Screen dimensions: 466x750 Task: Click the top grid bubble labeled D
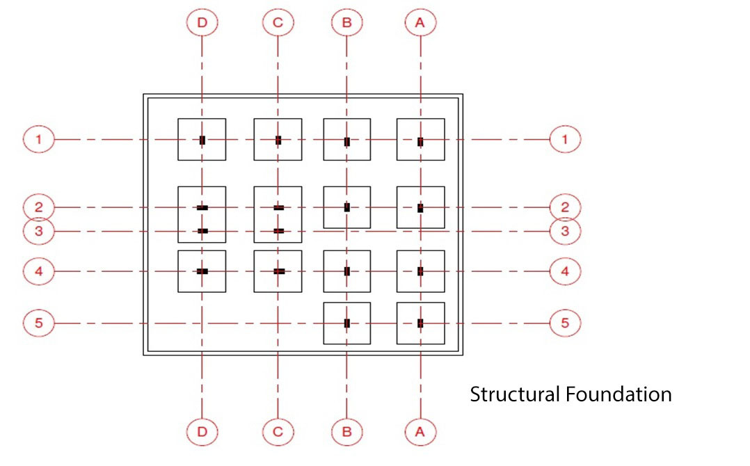(202, 23)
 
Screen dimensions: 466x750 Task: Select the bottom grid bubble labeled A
(420, 432)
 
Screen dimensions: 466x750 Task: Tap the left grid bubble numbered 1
(39, 140)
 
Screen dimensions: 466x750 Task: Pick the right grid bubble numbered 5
(565, 323)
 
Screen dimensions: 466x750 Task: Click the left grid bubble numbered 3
(39, 231)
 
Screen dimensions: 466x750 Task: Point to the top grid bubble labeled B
(346, 23)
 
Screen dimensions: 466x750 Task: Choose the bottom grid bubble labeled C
(278, 432)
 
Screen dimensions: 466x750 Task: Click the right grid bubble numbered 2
(565, 207)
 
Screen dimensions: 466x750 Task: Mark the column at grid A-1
(420, 142)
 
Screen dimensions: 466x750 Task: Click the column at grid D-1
(202, 140)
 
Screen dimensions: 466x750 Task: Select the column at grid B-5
(346, 323)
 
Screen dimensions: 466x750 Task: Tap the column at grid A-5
(420, 323)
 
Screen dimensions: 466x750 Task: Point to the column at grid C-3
(278, 231)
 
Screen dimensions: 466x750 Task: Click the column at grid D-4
(202, 271)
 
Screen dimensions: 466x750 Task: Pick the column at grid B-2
(346, 207)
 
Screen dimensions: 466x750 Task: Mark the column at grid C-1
(278, 140)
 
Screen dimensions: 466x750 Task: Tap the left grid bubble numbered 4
(39, 271)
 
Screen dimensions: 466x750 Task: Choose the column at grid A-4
(420, 271)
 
